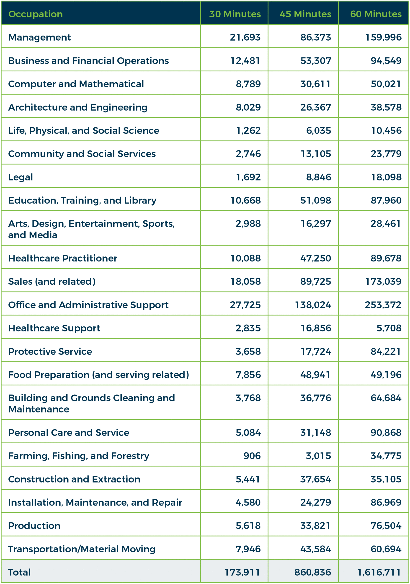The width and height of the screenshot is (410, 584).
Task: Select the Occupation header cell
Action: (35, 14)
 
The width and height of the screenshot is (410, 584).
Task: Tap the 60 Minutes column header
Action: (376, 14)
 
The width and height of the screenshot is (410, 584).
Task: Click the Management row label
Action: (39, 37)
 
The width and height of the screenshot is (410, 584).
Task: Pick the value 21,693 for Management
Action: (245, 37)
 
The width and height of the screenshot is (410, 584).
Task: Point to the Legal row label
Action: (21, 177)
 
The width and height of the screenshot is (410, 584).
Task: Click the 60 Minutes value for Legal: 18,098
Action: (386, 177)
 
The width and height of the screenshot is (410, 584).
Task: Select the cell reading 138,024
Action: (313, 305)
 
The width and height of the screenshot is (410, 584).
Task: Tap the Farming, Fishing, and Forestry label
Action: (79, 456)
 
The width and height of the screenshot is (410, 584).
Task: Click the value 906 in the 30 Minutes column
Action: (252, 456)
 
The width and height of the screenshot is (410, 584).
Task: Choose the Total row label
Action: (19, 572)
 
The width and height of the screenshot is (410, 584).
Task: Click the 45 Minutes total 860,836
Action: (312, 572)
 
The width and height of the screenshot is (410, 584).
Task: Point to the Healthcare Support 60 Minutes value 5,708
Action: (389, 328)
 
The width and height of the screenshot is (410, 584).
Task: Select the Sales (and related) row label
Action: (52, 282)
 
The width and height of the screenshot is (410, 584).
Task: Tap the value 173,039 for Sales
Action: (383, 282)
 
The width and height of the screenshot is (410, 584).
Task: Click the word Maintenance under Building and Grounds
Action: (39, 409)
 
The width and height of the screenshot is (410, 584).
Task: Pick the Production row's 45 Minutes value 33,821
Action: (315, 526)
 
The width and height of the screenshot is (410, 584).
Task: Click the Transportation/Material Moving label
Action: (82, 549)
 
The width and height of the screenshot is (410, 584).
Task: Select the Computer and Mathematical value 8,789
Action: (248, 84)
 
